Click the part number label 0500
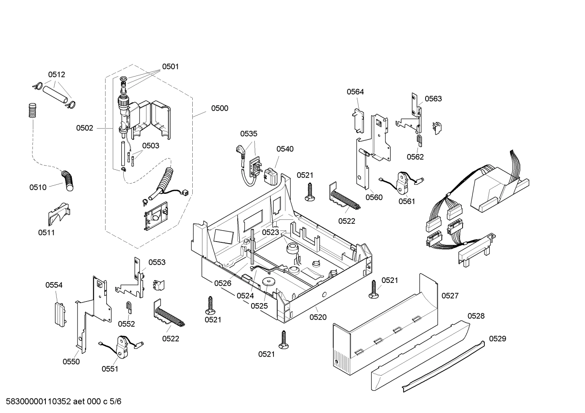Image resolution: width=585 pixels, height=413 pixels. coord(219,108)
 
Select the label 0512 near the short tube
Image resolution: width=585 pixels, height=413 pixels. coord(56,75)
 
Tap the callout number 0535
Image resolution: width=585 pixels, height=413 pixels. coord(248,134)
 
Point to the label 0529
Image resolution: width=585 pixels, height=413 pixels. coord(497,338)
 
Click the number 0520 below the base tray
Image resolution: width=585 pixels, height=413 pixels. coord(318,317)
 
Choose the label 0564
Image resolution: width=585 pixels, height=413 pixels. coord(355,92)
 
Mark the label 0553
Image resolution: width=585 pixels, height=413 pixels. coord(157,262)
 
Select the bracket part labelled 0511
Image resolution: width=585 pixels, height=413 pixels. coord(58,214)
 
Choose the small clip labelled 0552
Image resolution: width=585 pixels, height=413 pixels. coord(129,308)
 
